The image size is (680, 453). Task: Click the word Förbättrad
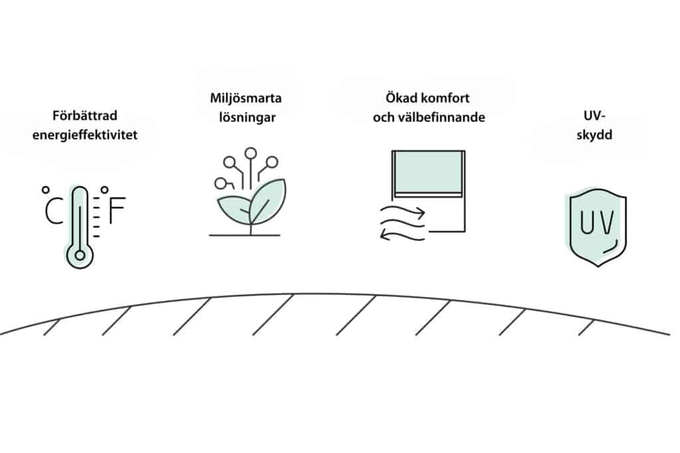84,115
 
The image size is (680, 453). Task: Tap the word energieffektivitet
85,135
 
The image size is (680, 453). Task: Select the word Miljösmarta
246,98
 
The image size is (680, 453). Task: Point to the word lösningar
247,118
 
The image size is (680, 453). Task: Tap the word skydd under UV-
594,135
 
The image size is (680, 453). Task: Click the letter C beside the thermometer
54,210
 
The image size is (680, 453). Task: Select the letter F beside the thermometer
117,210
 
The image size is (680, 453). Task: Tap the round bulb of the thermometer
80,255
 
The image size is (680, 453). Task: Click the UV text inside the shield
597,222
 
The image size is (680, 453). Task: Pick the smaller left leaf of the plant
234,210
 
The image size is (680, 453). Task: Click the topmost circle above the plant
250,153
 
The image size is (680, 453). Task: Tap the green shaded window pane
428,172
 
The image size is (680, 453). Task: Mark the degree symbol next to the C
46,190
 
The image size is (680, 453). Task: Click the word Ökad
396,97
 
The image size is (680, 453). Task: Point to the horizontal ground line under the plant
244,235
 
